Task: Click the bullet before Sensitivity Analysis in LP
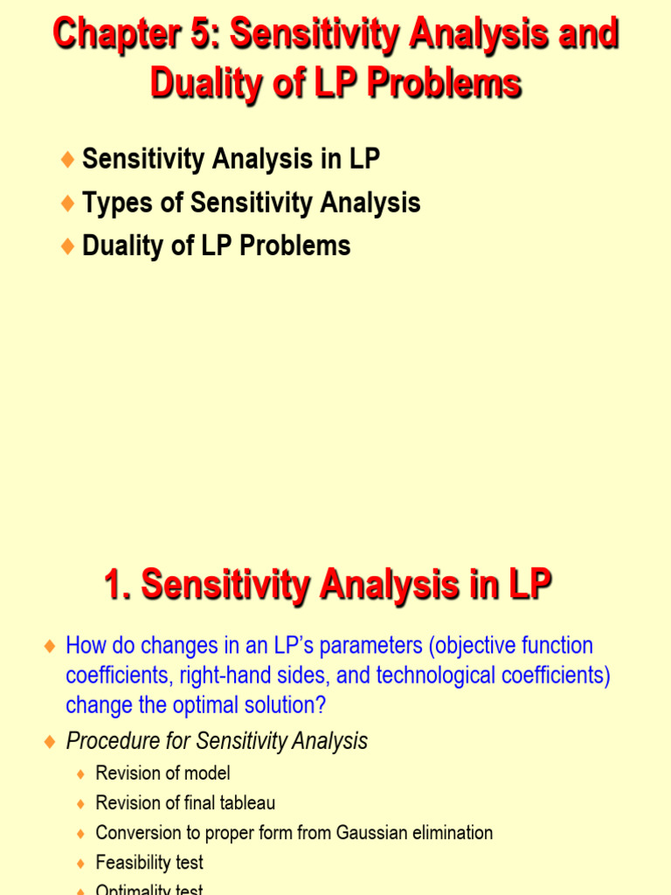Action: tap(67, 159)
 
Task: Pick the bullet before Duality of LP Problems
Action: tap(67, 246)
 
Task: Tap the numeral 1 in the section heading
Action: tap(114, 585)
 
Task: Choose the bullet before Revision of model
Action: tap(81, 774)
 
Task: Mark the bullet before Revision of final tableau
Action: tap(81, 803)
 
